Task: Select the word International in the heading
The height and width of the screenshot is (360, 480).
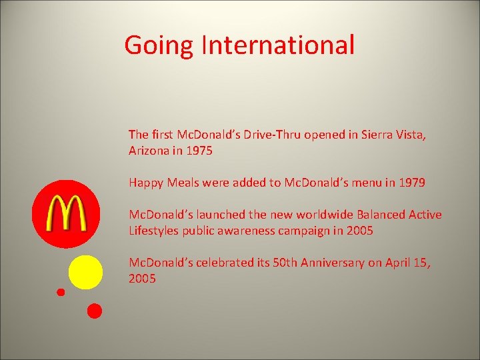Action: click(x=278, y=45)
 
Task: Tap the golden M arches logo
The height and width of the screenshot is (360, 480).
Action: click(x=65, y=213)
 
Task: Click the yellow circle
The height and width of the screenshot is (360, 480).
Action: click(x=86, y=272)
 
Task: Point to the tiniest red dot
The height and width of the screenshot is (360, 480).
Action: click(x=61, y=292)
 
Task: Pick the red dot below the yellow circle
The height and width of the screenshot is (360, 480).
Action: click(x=95, y=311)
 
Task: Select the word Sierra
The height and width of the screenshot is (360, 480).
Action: click(x=377, y=135)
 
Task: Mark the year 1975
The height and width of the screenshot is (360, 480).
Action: click(x=199, y=151)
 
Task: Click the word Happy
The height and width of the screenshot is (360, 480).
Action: click(x=145, y=183)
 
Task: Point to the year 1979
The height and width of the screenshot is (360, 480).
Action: click(x=411, y=183)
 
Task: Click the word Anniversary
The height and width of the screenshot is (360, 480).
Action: click(x=331, y=263)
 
